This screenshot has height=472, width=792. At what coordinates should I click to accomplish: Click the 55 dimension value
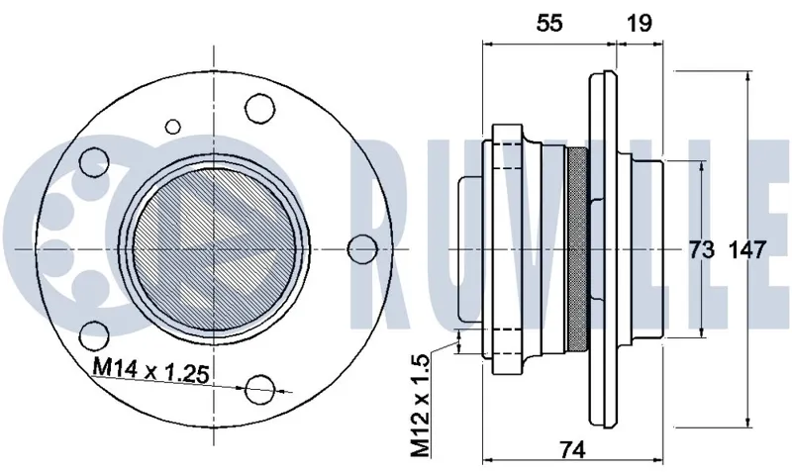click(x=549, y=23)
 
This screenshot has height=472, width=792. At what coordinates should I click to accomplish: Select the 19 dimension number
click(x=640, y=23)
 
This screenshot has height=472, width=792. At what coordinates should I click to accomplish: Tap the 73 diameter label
click(x=702, y=249)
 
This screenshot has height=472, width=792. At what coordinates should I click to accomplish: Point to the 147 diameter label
click(x=747, y=249)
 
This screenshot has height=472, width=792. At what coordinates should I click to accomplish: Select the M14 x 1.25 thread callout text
click(x=150, y=371)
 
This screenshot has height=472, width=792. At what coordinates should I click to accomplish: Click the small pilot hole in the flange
click(x=173, y=127)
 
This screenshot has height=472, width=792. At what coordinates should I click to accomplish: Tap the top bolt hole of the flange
click(x=260, y=108)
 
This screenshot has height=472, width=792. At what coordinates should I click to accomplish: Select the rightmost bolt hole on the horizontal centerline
click(x=362, y=249)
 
